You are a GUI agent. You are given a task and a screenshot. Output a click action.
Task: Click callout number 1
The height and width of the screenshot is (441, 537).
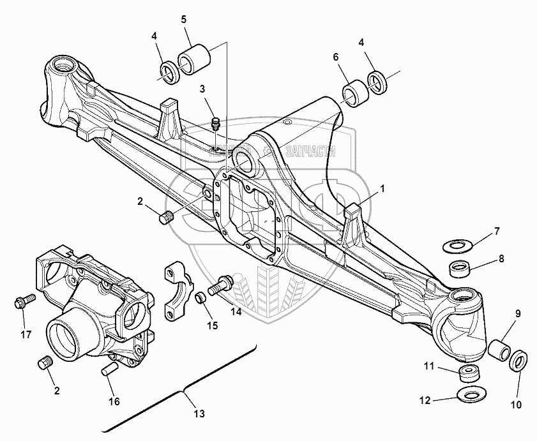tap(383, 188)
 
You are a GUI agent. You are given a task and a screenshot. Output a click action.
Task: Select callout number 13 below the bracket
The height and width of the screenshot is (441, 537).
tap(199, 414)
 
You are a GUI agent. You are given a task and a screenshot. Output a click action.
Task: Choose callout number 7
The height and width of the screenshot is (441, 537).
tap(497, 231)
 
